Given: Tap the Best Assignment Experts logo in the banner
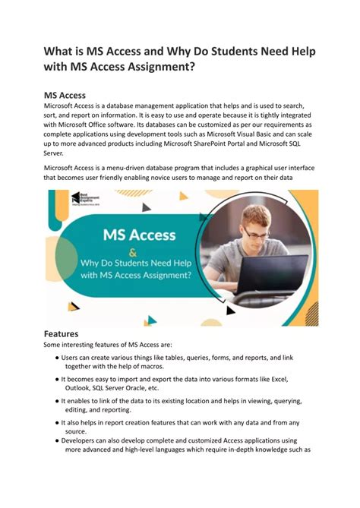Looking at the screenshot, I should tap(86, 200).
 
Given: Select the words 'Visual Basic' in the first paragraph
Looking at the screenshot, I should tap(276, 133).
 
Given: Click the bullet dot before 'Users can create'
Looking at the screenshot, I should tap(57, 357).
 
